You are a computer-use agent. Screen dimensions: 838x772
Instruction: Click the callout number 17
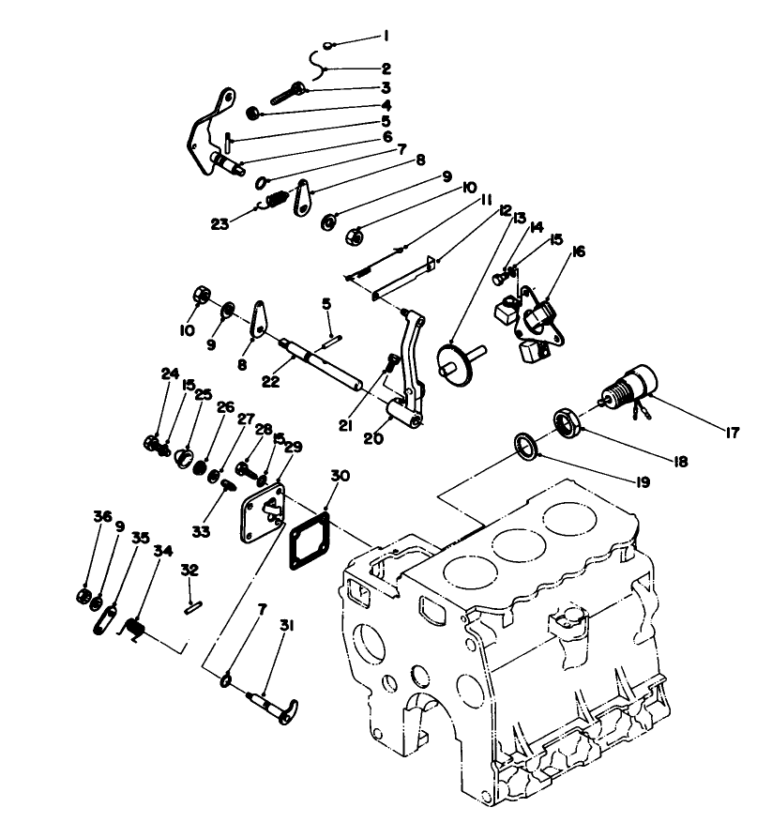tap(733, 433)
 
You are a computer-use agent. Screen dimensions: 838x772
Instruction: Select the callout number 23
tap(221, 223)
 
